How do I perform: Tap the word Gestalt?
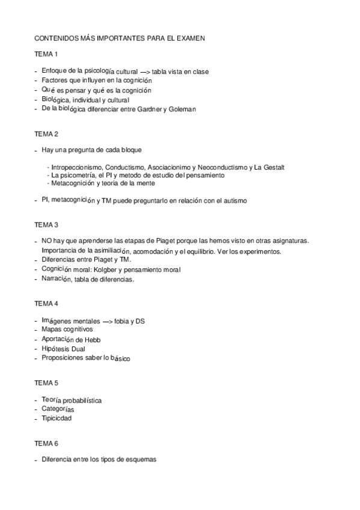pos(273,167)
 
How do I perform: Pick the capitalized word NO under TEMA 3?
pos(46,241)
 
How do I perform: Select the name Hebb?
pos(92,340)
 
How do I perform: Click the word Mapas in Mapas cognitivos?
pos(52,330)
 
